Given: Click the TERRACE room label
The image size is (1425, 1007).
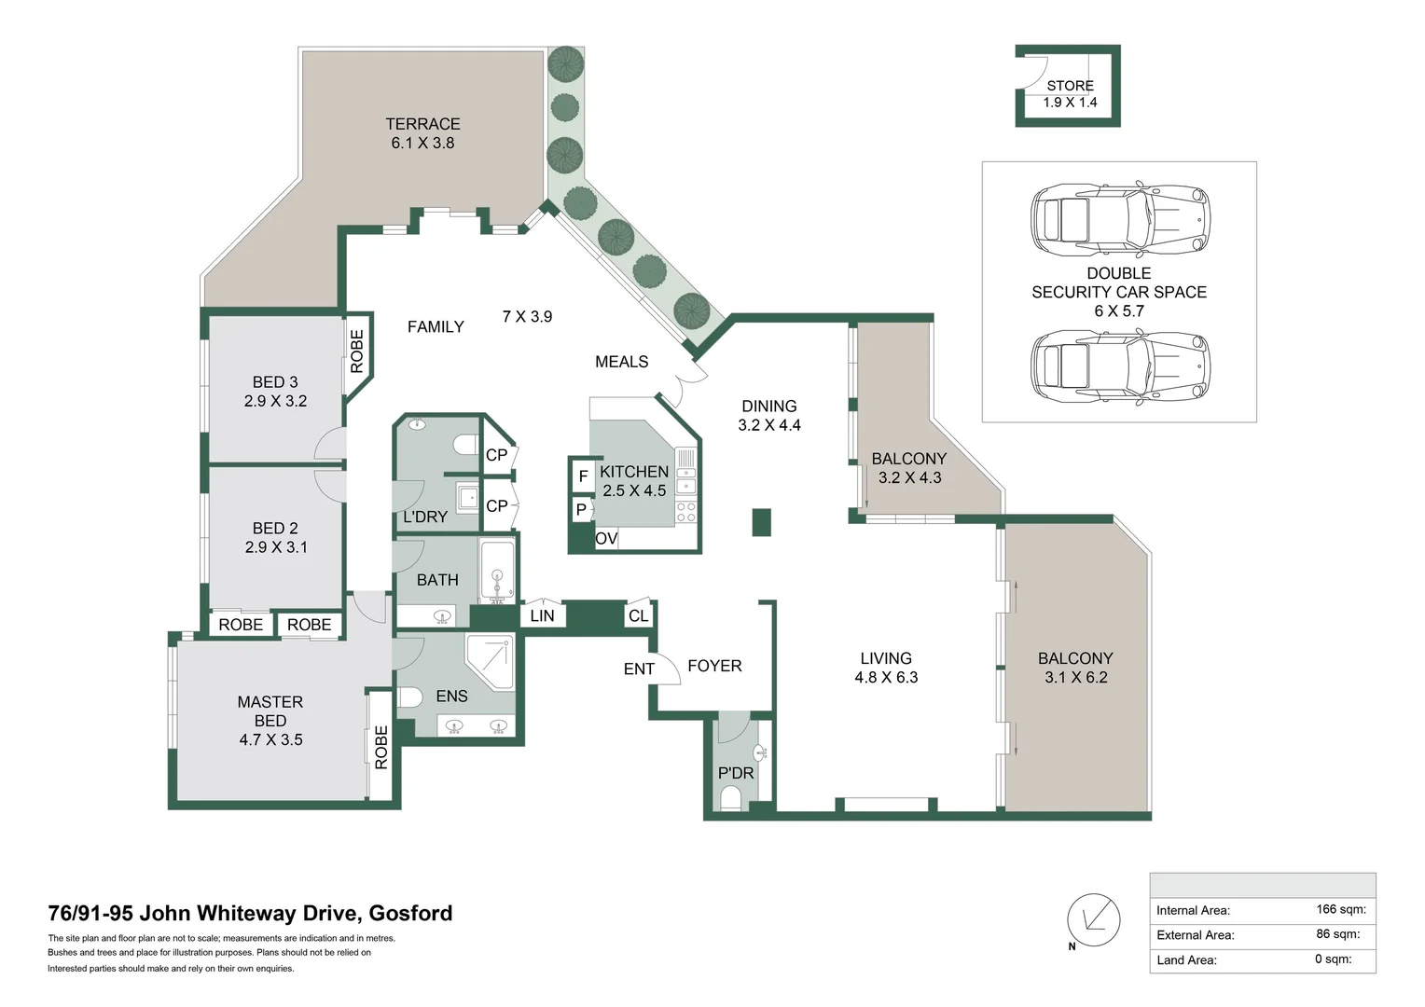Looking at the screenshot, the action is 422,124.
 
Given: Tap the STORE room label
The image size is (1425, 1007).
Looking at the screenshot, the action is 1070,86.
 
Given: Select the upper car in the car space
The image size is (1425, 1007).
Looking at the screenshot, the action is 1119,220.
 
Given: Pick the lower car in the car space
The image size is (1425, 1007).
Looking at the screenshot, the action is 1119,366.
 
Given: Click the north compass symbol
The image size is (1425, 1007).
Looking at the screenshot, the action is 1093,920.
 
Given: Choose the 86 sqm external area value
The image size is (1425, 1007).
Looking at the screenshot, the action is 1337,934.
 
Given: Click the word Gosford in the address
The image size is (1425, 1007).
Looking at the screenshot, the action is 410,913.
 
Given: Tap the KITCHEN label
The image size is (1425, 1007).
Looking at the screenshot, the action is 634,472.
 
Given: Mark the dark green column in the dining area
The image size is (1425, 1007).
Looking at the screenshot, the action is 762,522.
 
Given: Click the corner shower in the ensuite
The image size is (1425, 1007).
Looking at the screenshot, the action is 491,660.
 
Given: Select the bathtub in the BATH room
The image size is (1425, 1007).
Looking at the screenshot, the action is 497,571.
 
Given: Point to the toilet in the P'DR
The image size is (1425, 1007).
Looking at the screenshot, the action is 731,798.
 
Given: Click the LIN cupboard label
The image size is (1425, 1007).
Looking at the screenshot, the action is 542,615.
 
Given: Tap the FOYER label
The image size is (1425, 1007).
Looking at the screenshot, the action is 714,666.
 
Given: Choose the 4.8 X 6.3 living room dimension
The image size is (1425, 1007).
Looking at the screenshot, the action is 886,678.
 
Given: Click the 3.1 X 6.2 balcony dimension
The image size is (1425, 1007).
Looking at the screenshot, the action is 1076,678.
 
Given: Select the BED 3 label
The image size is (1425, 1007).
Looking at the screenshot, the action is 275,382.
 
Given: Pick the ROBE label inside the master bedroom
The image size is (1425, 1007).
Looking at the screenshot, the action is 380,747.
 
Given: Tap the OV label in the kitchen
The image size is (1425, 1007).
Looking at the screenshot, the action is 606,539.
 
